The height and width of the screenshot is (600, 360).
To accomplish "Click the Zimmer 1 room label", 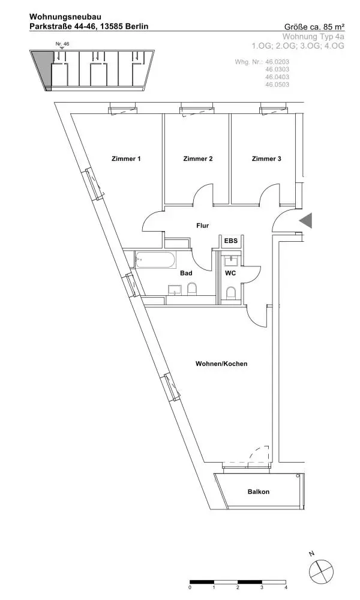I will click(126, 159).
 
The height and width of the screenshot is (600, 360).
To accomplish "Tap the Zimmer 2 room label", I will click(198, 159).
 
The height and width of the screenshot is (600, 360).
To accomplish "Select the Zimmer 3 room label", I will click(266, 159).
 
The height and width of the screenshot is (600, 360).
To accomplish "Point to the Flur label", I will click(202, 226).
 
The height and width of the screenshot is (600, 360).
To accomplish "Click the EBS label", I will click(231, 241).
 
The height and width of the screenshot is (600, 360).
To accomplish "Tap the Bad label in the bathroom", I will click(187, 273).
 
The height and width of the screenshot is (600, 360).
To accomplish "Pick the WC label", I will click(231, 273).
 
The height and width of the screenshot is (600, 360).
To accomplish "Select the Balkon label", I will click(259, 492).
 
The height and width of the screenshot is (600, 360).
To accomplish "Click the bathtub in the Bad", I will click(155, 261).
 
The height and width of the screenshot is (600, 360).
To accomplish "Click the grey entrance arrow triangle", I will click(307, 221).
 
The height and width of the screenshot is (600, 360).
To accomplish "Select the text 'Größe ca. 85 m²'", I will click(314, 27).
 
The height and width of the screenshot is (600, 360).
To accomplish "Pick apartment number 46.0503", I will click(277, 85).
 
